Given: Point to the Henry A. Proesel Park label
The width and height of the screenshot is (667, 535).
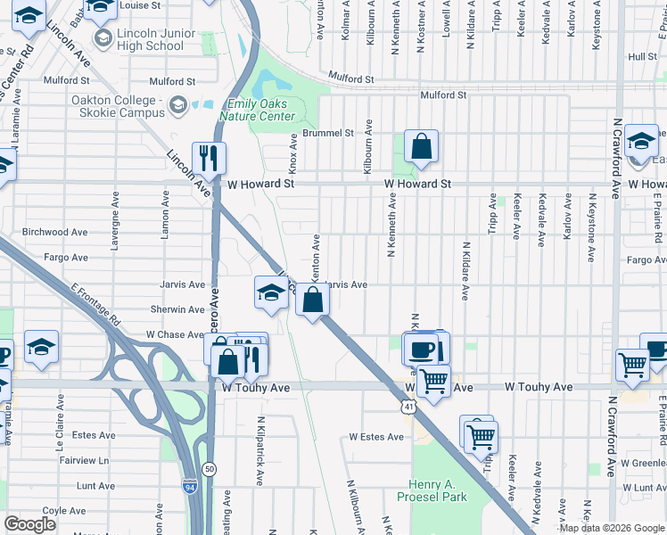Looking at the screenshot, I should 432,490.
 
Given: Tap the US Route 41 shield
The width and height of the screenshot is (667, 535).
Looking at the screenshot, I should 407,407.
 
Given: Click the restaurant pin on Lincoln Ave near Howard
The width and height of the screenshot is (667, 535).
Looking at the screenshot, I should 209,158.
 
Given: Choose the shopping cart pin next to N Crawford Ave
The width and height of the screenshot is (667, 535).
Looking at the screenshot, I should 632,364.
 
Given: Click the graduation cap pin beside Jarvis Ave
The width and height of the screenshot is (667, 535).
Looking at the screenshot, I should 271,292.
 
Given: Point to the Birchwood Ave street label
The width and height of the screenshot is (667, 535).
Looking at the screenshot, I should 55,232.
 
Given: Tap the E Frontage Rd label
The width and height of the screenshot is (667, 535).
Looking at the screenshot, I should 93,304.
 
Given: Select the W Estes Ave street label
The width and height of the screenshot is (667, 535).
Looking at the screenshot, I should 377,437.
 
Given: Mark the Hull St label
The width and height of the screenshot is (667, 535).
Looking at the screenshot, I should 642,56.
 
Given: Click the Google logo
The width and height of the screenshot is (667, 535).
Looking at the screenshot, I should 29,524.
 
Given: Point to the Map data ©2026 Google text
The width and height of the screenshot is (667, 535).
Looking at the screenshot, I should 611,528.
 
